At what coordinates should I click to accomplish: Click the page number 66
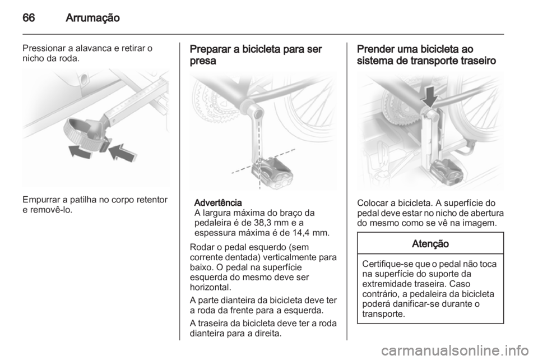point(29,17)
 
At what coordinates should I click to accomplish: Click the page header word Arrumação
point(92,18)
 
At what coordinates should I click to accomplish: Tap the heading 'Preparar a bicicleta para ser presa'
point(256,55)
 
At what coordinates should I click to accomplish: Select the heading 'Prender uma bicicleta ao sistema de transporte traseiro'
point(426,55)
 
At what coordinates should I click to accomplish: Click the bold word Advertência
point(218,202)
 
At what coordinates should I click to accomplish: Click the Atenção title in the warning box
point(430,244)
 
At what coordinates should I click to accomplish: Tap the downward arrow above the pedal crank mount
point(430,97)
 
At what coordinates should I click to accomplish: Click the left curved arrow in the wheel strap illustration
point(80,151)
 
